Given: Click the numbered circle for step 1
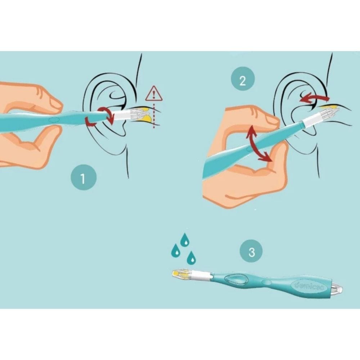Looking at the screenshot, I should tap(84, 178).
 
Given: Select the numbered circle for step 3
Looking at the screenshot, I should tap(252, 251).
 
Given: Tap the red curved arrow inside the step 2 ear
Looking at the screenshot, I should tap(315, 98).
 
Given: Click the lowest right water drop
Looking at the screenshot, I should tap(192, 257).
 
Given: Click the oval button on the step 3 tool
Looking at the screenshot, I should tap(236, 279).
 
